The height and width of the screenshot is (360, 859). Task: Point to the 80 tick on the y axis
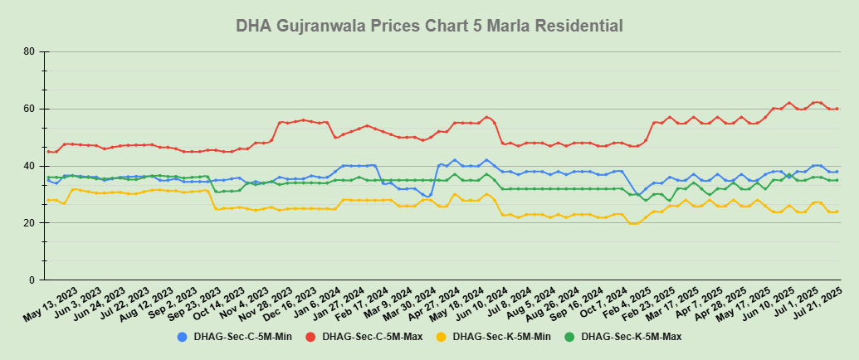(x=29, y=51)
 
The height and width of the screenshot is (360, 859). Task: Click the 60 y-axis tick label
(x=29, y=109)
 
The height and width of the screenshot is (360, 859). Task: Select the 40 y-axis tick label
(x=29, y=166)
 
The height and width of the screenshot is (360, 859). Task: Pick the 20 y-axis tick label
(x=29, y=223)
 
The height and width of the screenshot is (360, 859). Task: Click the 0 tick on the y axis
(x=32, y=280)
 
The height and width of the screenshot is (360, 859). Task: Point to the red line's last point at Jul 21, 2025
(x=837, y=109)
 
